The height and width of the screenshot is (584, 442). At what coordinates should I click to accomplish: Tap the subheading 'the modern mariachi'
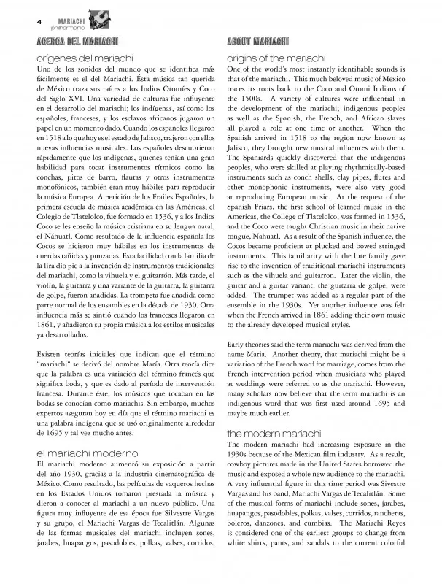tap(269, 434)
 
